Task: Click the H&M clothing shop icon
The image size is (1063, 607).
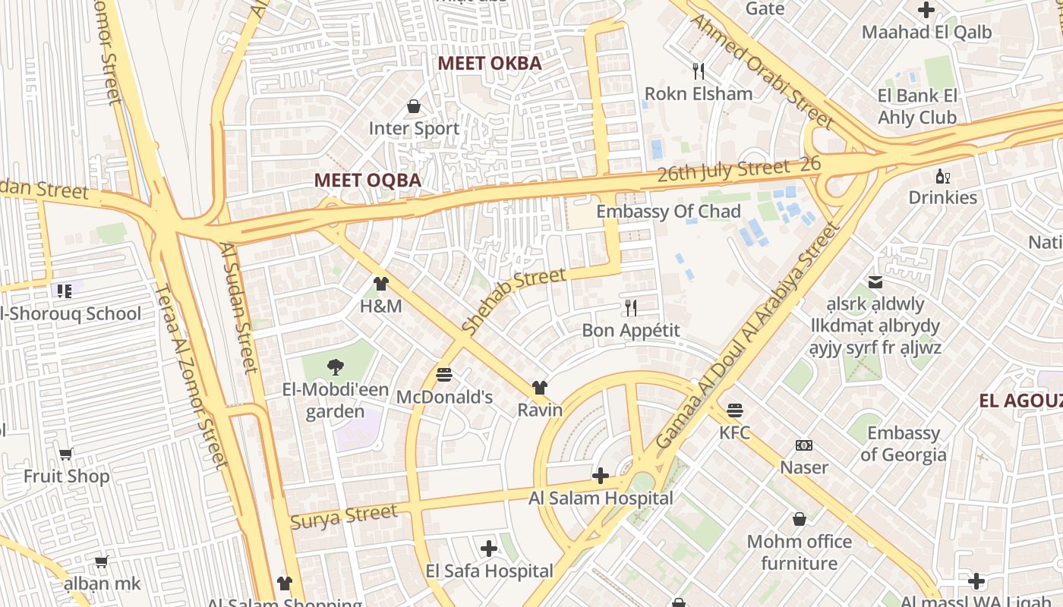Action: point(381,284)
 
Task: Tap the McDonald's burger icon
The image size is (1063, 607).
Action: point(444,375)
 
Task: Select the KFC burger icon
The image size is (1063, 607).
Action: point(734,410)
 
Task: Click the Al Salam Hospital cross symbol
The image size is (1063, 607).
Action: point(601,476)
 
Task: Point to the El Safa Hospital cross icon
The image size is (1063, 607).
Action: point(489,548)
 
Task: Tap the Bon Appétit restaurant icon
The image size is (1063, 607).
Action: point(630,307)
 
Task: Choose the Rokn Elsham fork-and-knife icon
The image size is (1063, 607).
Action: point(699,71)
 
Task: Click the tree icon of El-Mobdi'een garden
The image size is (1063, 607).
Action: point(335,368)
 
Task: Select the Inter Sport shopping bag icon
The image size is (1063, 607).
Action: point(414,106)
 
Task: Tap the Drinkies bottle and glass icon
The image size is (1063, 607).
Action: point(943,176)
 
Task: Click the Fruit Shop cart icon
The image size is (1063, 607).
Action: point(66,454)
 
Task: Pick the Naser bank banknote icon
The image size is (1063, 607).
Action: point(804,445)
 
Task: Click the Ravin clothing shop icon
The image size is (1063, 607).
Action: point(540,388)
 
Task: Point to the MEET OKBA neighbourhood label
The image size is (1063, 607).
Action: point(490,64)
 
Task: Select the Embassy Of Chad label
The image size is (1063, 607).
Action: point(668,212)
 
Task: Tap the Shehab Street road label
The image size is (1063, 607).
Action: point(513,302)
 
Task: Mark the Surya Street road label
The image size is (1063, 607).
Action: point(343,517)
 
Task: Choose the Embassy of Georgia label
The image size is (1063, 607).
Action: point(904,444)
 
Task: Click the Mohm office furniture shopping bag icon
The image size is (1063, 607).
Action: point(799,519)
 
